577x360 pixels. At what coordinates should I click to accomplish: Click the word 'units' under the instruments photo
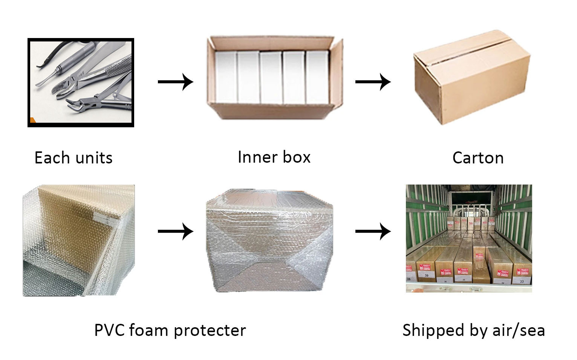coord(94,158)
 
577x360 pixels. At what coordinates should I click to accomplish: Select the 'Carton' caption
coord(478,158)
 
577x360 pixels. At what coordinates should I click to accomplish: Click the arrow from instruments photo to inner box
coord(175,82)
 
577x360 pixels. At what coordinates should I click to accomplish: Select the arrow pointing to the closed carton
coord(373,82)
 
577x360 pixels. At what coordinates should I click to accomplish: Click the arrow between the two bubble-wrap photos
coord(175,231)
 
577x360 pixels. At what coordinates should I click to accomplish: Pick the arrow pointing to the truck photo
coord(373,231)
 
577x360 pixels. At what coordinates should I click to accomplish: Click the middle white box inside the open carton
coord(271,77)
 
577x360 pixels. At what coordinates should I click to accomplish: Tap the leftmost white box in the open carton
coord(225,77)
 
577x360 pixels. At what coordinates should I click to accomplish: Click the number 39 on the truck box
coord(427,275)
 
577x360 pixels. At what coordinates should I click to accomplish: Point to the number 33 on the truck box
coord(522,281)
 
